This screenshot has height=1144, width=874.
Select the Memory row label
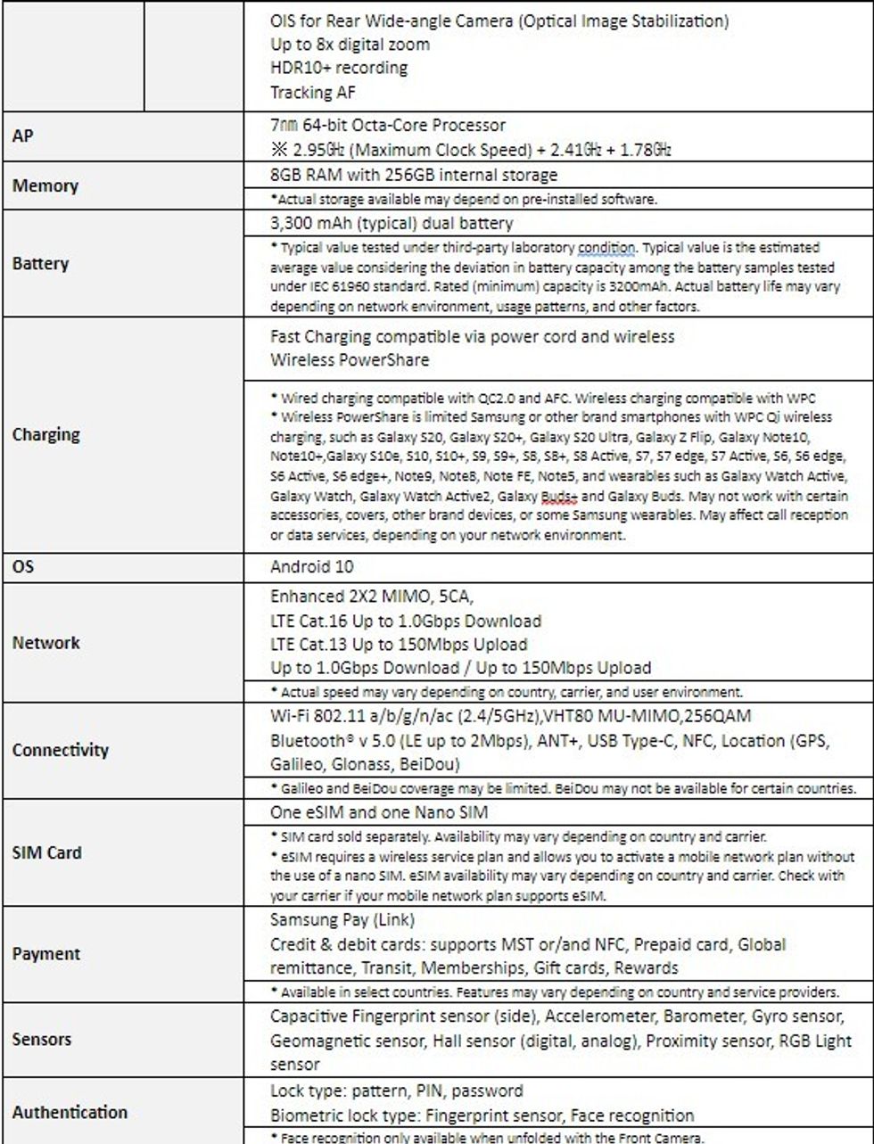click(44, 186)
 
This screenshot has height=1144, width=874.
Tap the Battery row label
click(40, 264)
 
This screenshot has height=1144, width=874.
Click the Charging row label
click(45, 435)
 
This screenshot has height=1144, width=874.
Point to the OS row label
click(23, 566)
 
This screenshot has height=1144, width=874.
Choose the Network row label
click(45, 643)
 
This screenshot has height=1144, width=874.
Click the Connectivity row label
click(61, 750)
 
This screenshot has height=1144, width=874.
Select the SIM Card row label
click(46, 853)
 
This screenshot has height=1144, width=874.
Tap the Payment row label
click(45, 954)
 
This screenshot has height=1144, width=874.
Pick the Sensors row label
click(42, 1039)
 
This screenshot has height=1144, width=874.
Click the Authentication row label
click(70, 1112)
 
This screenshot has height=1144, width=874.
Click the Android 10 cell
click(314, 566)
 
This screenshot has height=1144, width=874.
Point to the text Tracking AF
click(314, 91)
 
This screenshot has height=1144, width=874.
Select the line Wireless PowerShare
click(349, 360)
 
